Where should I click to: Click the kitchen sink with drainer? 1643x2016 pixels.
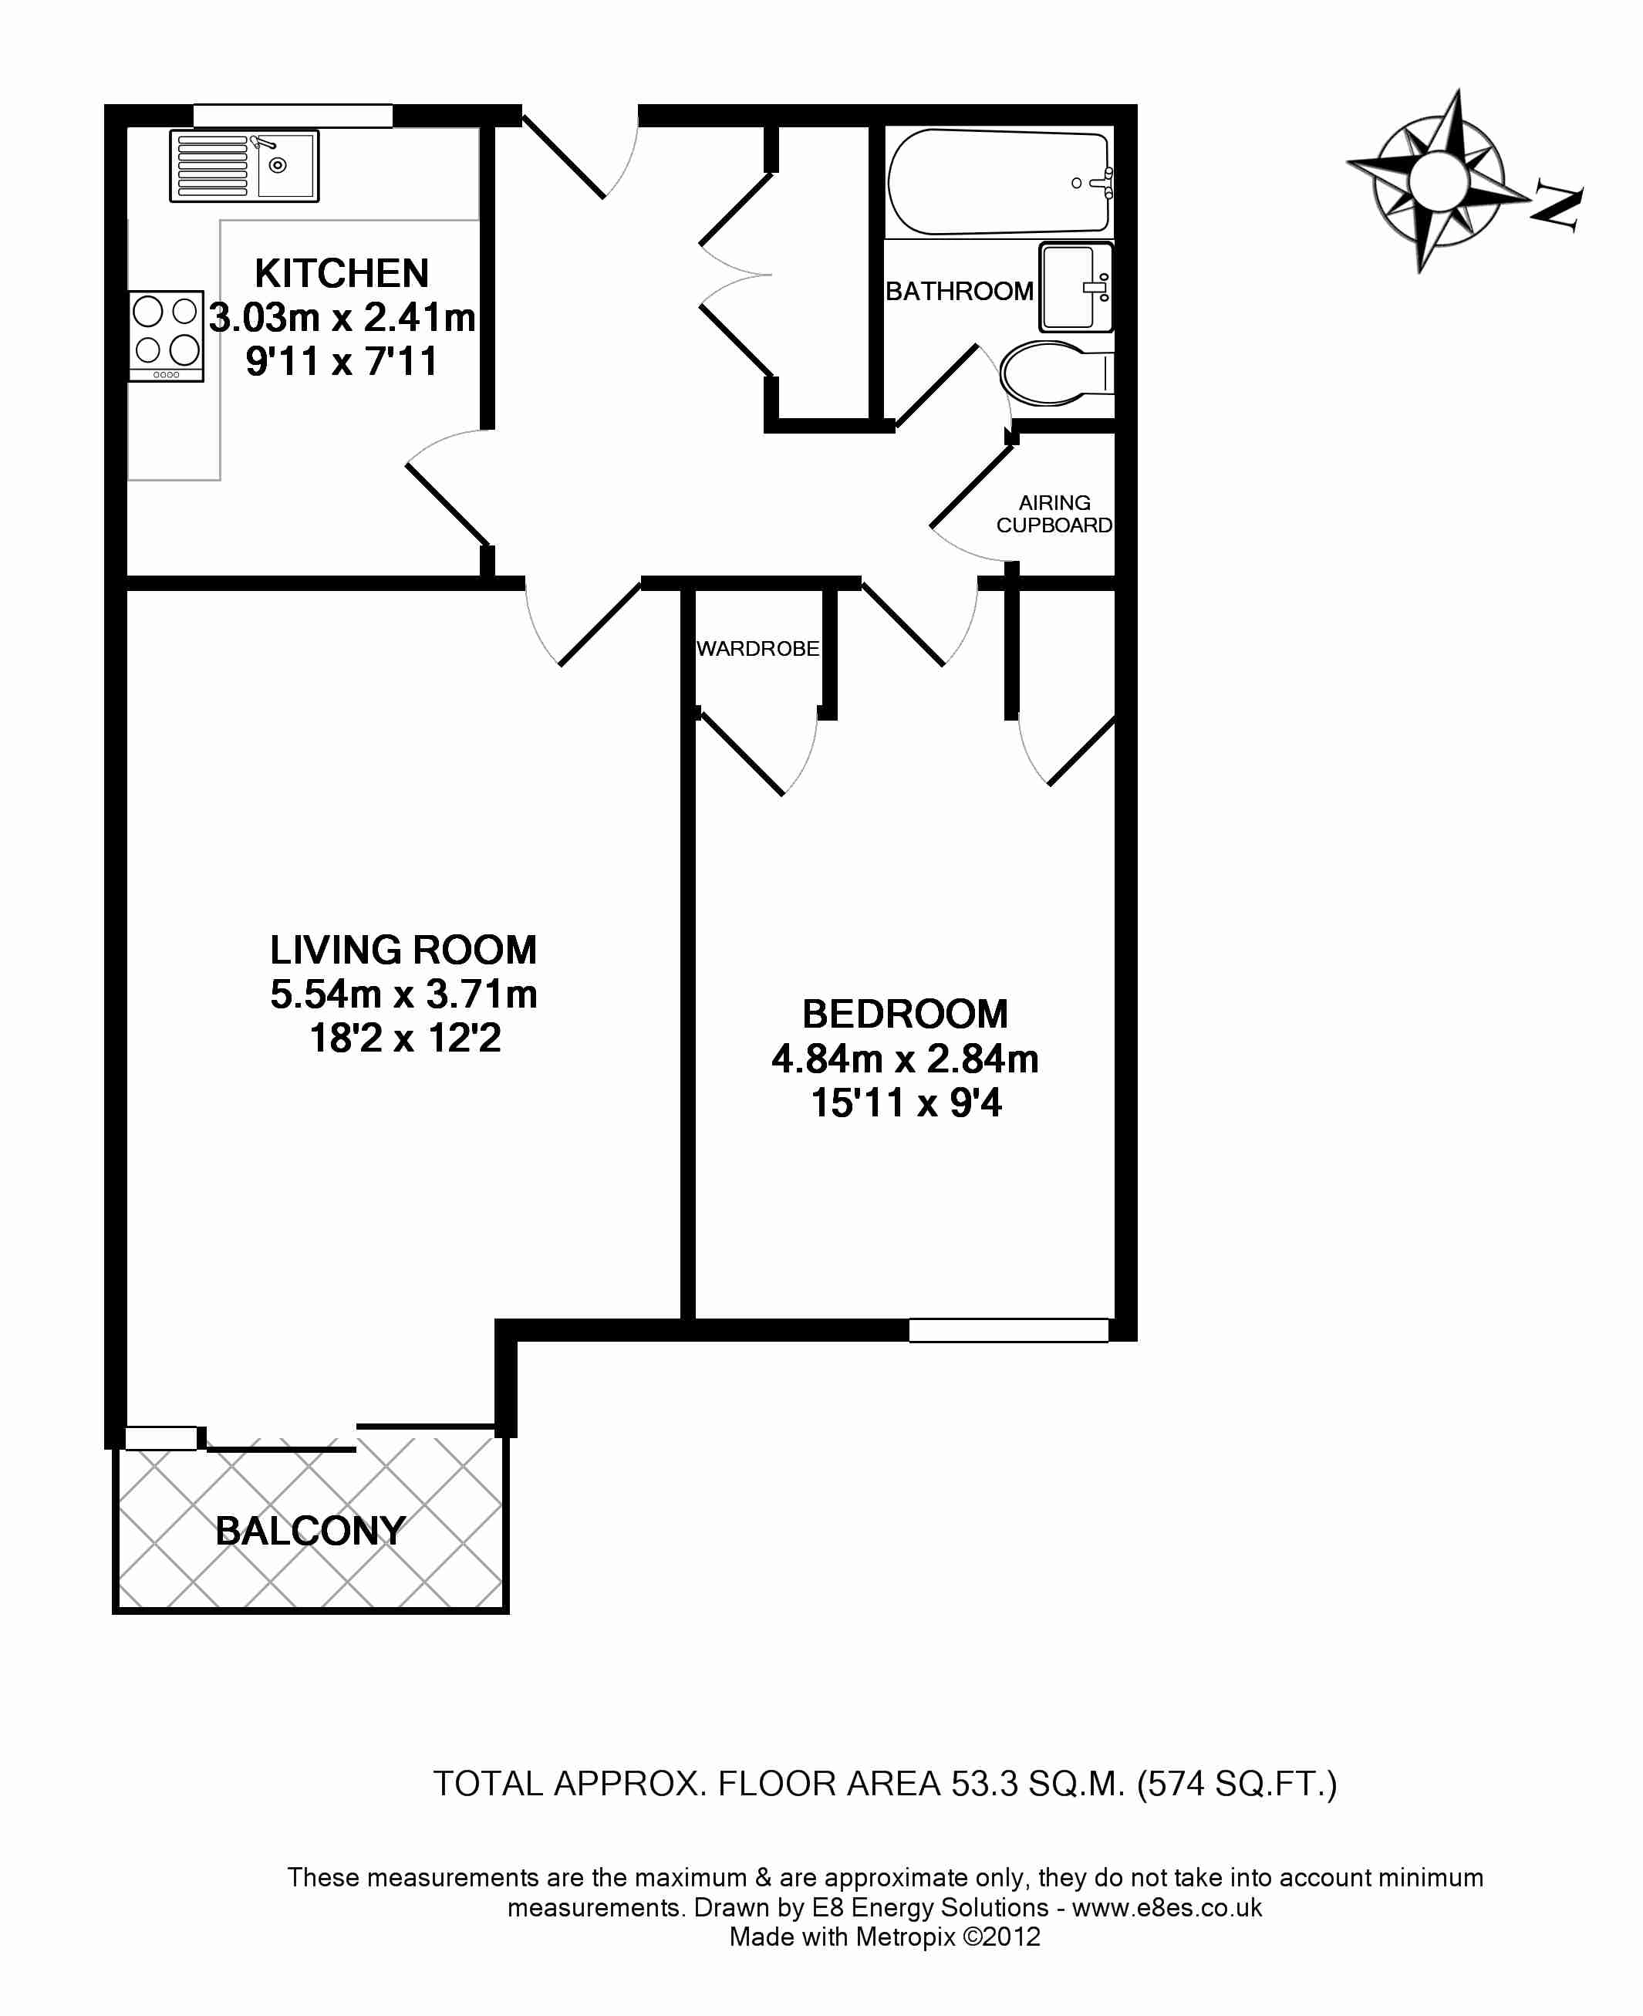click(245, 167)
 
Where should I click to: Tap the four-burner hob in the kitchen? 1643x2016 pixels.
click(167, 336)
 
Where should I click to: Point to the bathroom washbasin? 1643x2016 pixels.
click(1076, 287)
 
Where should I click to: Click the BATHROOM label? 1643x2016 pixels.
click(959, 292)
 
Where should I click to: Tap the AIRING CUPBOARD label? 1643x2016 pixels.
click(1054, 514)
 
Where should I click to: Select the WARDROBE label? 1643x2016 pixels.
click(758, 650)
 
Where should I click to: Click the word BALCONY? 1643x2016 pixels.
click(310, 1531)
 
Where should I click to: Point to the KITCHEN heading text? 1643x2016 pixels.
click(342, 274)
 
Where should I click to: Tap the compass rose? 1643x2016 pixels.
click(1437, 180)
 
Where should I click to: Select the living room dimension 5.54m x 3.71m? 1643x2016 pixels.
click(404, 994)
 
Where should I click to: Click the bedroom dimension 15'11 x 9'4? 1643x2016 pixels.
click(906, 1103)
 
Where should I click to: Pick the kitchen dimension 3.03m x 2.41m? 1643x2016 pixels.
click(342, 318)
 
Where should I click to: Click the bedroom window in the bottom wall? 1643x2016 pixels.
click(1009, 1331)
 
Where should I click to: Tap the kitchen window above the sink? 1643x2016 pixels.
click(292, 116)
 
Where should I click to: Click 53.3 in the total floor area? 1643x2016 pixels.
click(985, 1784)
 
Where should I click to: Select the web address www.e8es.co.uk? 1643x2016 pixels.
click(1167, 1907)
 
